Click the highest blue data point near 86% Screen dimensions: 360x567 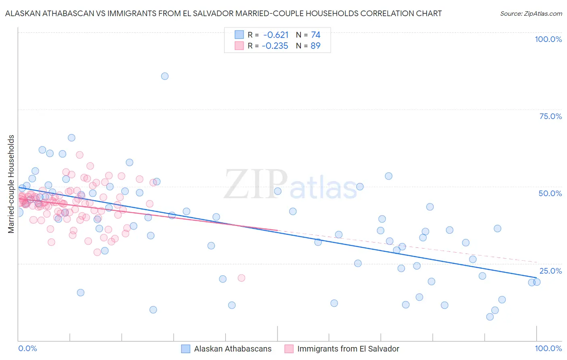tap(165, 76)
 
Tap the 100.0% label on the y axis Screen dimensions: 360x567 tap(548, 39)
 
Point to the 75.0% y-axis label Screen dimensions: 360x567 tap(550, 116)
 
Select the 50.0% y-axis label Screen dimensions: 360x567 tap(550, 193)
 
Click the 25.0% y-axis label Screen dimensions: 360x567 tap(550, 270)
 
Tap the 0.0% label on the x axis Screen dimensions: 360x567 tap(27, 348)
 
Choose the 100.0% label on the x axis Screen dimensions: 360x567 tap(548, 348)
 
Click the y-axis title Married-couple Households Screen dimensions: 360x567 tap(11, 184)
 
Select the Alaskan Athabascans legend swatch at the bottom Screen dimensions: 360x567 tap(186, 349)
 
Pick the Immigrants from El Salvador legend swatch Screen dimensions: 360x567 tap(289, 349)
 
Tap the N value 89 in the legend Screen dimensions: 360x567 tap(315, 46)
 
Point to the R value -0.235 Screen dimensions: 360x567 tap(275, 46)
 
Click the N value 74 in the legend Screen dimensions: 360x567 tap(315, 35)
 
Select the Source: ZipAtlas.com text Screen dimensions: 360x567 tap(531, 13)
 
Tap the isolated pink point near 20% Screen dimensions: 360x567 tap(241, 278)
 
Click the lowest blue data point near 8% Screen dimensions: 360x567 tap(490, 317)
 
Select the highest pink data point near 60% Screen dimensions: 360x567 tap(79, 155)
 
